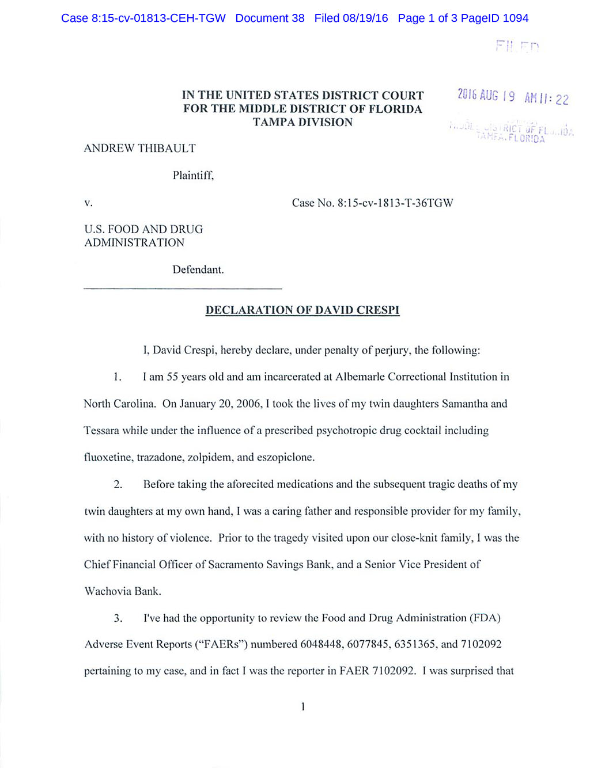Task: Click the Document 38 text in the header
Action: [x=270, y=18]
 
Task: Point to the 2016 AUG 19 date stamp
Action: [x=486, y=96]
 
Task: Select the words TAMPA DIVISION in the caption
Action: [x=302, y=122]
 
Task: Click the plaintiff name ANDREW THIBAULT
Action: [x=140, y=149]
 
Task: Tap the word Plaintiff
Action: [x=193, y=176]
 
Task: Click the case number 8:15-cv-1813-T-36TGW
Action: [x=395, y=203]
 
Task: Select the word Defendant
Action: [x=198, y=269]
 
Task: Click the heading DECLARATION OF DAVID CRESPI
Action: [x=302, y=310]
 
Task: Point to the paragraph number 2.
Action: [x=118, y=484]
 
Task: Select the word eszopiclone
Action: [x=285, y=457]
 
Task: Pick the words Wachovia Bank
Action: [x=123, y=591]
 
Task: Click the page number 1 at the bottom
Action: [x=303, y=706]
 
